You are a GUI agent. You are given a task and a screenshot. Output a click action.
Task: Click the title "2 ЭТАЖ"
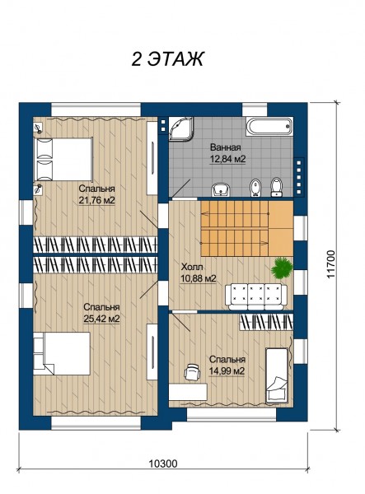(x=167, y=58)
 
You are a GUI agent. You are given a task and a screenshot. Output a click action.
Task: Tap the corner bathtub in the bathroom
(x=180, y=128)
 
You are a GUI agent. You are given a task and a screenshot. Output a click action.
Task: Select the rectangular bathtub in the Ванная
(x=269, y=127)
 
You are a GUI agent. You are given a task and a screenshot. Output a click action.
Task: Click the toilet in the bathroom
(x=277, y=187)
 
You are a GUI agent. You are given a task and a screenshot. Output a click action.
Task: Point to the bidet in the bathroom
(x=255, y=188)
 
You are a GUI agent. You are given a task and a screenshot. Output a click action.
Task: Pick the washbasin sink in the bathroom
(x=221, y=189)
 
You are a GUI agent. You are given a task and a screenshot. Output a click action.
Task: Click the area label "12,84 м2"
(x=227, y=159)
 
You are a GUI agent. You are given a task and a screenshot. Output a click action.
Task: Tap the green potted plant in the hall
(x=283, y=268)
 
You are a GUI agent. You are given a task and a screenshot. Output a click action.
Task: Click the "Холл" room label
(x=192, y=267)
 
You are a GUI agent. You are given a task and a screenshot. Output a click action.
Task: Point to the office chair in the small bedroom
(x=192, y=372)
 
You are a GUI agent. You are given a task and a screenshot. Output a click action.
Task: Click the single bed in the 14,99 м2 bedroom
(x=277, y=375)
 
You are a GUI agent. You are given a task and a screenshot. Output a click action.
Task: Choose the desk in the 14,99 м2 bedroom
(x=188, y=391)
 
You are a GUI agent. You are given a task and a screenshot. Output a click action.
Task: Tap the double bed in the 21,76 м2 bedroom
(x=63, y=159)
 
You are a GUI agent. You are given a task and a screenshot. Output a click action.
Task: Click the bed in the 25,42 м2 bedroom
(x=62, y=353)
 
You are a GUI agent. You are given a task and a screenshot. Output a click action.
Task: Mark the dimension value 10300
(x=163, y=464)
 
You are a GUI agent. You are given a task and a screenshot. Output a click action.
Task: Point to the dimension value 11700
(x=330, y=264)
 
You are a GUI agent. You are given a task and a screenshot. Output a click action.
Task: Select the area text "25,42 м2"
(x=101, y=319)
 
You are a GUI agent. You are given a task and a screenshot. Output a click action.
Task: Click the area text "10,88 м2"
(x=198, y=279)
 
